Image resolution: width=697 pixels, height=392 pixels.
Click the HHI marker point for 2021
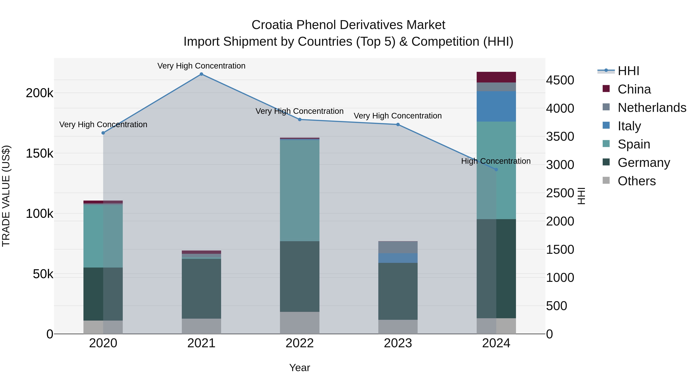click(201, 74)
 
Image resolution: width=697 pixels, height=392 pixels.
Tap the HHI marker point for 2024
click(496, 170)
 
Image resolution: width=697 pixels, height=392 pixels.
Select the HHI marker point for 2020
click(103, 133)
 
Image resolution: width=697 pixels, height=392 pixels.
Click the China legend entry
click(634, 89)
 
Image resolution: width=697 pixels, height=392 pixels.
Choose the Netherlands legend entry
click(652, 108)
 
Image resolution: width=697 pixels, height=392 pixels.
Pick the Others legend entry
click(636, 181)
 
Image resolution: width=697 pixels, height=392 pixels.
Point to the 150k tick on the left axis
click(39, 153)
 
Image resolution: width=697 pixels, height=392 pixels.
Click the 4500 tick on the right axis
click(560, 80)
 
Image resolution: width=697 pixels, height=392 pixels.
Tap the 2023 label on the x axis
click(398, 343)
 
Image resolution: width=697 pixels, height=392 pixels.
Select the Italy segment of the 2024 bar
click(496, 106)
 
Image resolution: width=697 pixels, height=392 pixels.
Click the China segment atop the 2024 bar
click(496, 77)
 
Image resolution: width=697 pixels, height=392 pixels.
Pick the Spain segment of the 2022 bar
click(300, 190)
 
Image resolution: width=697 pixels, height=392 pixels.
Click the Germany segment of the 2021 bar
click(201, 288)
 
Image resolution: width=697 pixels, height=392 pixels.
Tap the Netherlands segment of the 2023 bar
click(398, 247)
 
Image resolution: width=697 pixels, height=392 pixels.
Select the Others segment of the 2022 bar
click(300, 323)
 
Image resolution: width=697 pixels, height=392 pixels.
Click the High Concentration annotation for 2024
click(496, 161)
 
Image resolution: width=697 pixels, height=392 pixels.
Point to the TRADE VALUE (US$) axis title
click(6, 196)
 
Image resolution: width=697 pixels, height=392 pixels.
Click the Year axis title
click(300, 368)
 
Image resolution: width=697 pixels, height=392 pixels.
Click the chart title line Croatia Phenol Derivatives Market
click(348, 25)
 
